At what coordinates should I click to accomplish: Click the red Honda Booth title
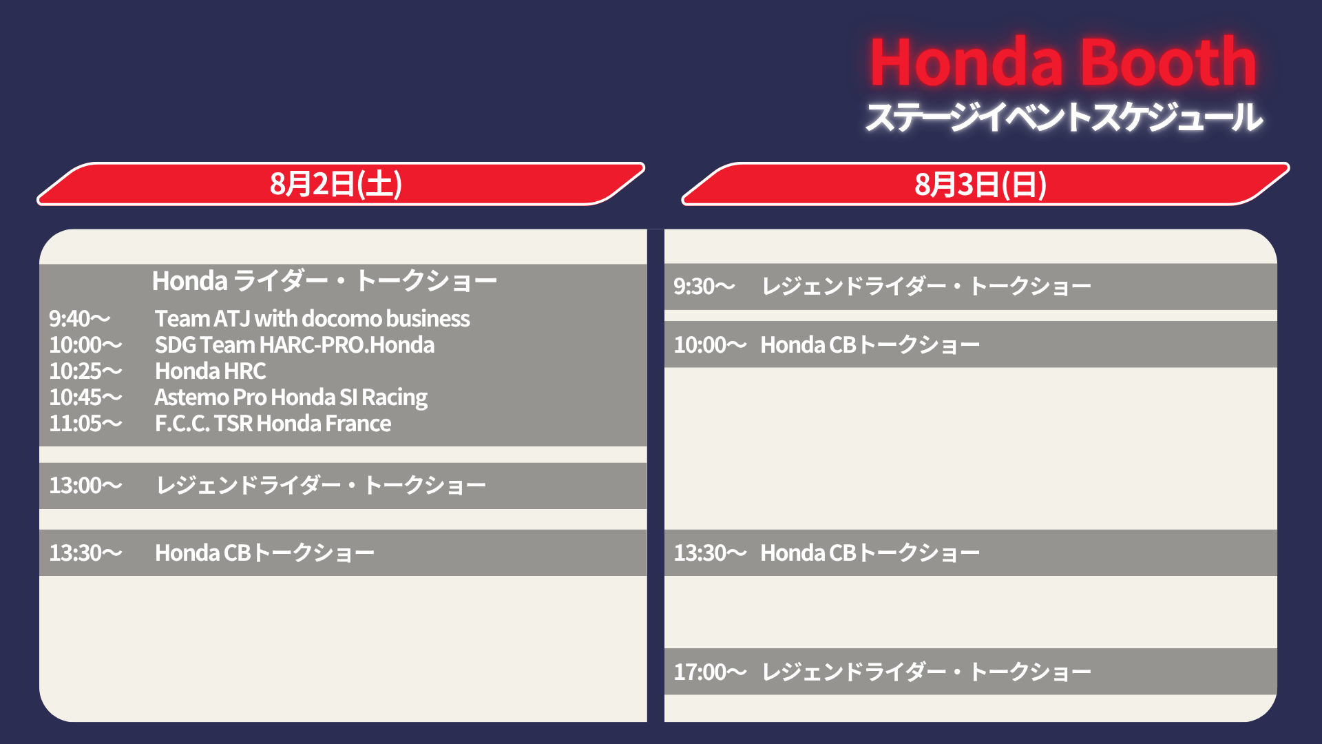(x=1064, y=62)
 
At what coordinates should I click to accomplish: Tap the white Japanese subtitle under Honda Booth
(x=1064, y=116)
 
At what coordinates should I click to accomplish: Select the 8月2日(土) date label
(x=336, y=184)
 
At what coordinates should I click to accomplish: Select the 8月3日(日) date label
(x=980, y=184)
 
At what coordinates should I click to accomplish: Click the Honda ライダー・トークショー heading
(x=324, y=280)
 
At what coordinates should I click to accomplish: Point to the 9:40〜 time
(x=79, y=318)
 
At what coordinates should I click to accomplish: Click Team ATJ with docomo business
(x=312, y=318)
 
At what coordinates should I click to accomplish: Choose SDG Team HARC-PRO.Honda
(x=295, y=344)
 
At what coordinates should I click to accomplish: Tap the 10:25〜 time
(x=85, y=371)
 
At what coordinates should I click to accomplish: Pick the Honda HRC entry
(x=210, y=371)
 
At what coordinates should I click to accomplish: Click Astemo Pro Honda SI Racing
(x=291, y=397)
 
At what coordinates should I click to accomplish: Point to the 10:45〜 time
(x=85, y=397)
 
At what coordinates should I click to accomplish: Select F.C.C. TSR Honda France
(x=273, y=423)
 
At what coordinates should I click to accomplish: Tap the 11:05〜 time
(x=85, y=423)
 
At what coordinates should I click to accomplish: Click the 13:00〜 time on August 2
(x=85, y=485)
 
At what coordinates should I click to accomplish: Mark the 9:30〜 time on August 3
(x=704, y=286)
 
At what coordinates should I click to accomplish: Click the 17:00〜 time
(x=710, y=672)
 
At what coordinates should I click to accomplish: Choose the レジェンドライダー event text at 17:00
(x=926, y=672)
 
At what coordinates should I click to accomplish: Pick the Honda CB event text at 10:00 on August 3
(x=870, y=344)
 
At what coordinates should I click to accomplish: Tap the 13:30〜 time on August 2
(x=85, y=552)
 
